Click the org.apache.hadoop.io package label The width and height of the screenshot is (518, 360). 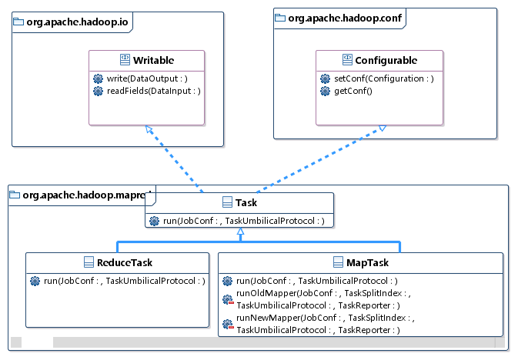click(74, 22)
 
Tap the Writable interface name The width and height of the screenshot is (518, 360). click(152, 60)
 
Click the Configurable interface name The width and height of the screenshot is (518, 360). click(386, 60)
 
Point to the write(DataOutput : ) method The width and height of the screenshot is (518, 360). click(146, 78)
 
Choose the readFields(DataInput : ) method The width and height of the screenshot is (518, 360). click(152, 91)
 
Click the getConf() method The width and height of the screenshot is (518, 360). click(353, 91)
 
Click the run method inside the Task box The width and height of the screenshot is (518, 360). click(243, 222)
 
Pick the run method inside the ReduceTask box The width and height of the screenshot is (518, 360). click(123, 281)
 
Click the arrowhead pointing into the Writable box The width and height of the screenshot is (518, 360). click(149, 129)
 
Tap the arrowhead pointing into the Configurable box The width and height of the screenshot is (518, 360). click(381, 129)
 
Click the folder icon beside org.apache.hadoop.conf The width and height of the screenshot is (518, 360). click(282, 16)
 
